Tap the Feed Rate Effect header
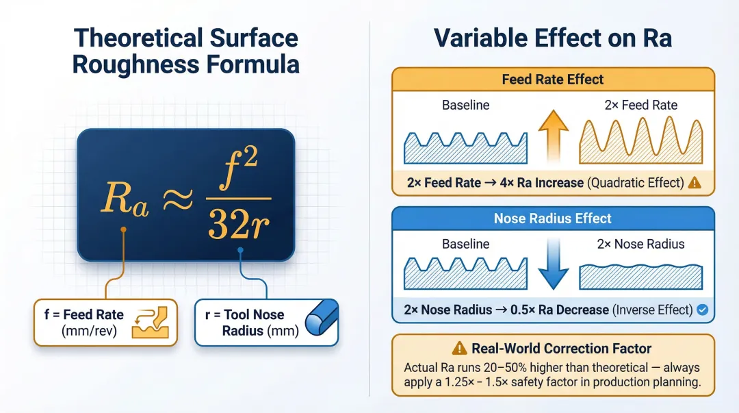coord(553,79)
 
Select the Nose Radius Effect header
coord(553,218)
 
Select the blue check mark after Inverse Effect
coord(701,310)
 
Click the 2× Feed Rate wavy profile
coord(640,140)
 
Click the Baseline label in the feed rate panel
coord(465,105)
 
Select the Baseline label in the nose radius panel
coord(465,244)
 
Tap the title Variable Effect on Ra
coord(553,38)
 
